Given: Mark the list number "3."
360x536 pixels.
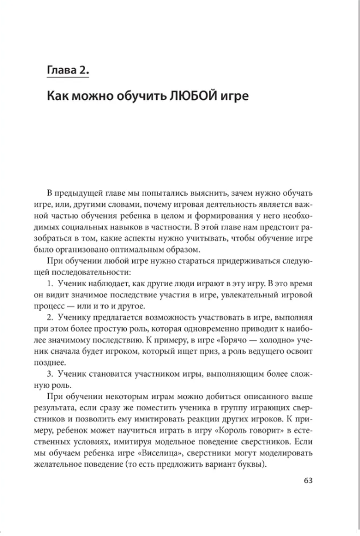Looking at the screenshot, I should pyautogui.click(x=51, y=374).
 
